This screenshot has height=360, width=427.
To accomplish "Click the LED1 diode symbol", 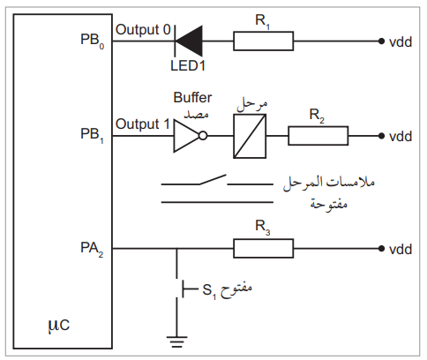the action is click(x=189, y=41).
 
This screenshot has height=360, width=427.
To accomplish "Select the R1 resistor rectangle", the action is click(x=264, y=41).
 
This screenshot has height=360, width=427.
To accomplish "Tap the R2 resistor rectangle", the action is click(x=318, y=136).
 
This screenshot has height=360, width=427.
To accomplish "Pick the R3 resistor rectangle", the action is click(x=264, y=249).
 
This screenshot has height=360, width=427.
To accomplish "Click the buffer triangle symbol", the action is click(x=186, y=136).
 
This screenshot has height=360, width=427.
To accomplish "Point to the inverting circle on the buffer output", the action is click(x=203, y=136).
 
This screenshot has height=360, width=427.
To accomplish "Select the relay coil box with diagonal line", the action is click(x=250, y=136).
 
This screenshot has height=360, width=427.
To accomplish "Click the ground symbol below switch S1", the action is click(x=176, y=341).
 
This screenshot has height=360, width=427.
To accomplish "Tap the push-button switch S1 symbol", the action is click(x=183, y=289).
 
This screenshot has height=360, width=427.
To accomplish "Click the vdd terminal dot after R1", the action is click(x=381, y=41).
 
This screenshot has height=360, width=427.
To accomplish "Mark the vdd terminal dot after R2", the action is click(x=381, y=136).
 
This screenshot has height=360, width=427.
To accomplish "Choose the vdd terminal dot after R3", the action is click(x=381, y=249).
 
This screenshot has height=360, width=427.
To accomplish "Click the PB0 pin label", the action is click(x=92, y=41).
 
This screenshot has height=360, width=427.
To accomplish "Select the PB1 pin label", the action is click(x=92, y=135).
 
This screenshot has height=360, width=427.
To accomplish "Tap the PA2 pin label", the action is click(x=92, y=249).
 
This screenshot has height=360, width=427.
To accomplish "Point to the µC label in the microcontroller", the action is click(x=59, y=326).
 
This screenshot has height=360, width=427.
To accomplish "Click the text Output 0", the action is click(x=143, y=29).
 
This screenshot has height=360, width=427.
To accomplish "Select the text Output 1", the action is click(x=143, y=124).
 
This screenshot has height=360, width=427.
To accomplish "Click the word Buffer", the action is click(x=192, y=97).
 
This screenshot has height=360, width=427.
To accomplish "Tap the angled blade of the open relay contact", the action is click(x=213, y=179).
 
